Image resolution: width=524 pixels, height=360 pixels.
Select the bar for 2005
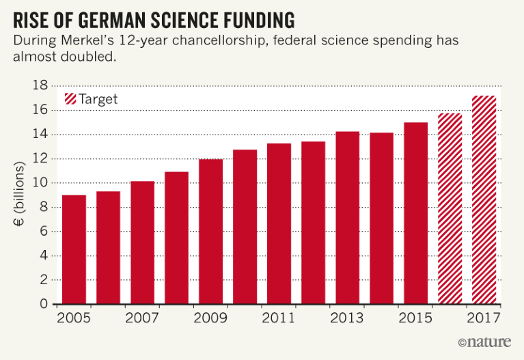(74, 250)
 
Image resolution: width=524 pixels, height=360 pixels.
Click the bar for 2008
(176, 238)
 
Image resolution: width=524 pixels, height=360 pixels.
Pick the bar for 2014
(381, 219)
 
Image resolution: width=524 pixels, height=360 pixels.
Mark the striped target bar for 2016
(450, 209)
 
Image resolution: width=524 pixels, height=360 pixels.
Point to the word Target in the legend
(98, 99)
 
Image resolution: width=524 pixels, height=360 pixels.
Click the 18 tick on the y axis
(44, 86)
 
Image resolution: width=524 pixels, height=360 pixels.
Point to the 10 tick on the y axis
(44, 183)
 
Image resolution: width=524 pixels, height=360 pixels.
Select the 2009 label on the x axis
(210, 319)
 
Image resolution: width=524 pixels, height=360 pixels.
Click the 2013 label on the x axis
(347, 319)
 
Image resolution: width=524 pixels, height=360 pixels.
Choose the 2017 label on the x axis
(484, 319)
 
